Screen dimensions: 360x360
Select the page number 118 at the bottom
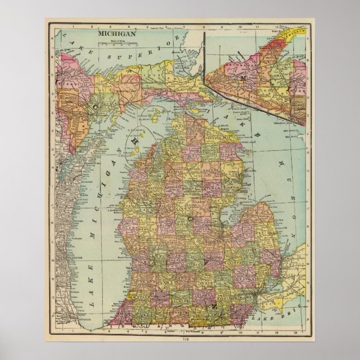coord(179,338)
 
